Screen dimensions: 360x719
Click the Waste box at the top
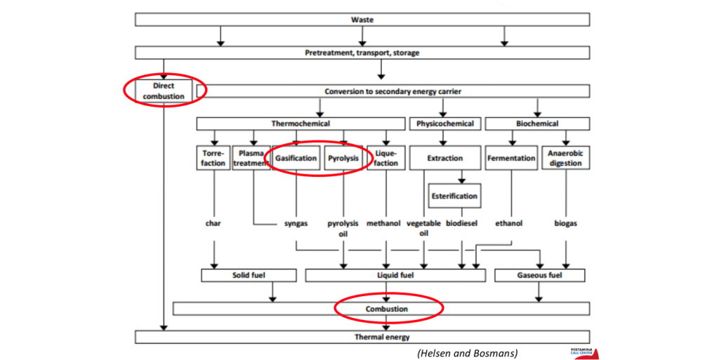coord(362,19)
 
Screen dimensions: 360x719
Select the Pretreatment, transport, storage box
coord(362,53)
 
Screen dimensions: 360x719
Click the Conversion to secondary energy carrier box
coord(393,91)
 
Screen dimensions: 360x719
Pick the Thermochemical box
coord(301,124)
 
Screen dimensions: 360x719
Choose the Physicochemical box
coord(444,124)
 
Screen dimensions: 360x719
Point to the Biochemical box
coord(537,124)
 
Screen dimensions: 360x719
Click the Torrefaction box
coord(213,158)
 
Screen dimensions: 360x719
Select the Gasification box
coord(296,158)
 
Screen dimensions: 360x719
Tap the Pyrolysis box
coord(343,158)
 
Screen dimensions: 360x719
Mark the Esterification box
coord(454,196)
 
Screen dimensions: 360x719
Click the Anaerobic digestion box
coord(566,158)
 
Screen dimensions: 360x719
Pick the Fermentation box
coord(511,158)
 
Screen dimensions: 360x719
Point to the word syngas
coord(296,223)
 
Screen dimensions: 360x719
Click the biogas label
coord(565,223)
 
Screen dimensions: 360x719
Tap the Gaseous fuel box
coord(539,275)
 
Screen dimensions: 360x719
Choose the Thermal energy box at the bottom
coord(362,338)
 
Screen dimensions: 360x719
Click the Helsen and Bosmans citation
coord(466,352)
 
